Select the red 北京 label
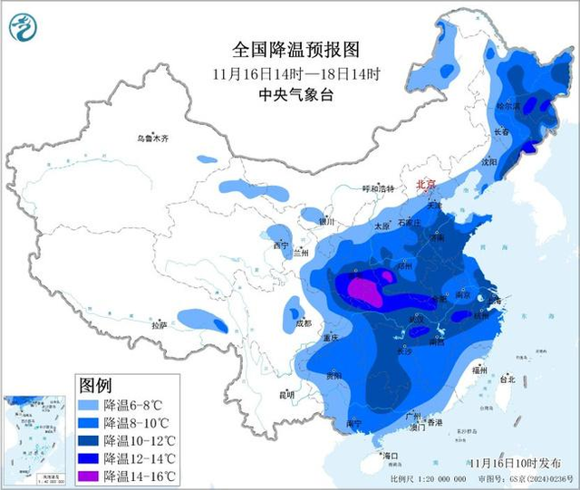(425, 185)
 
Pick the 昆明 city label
(287, 395)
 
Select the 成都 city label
(302, 322)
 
